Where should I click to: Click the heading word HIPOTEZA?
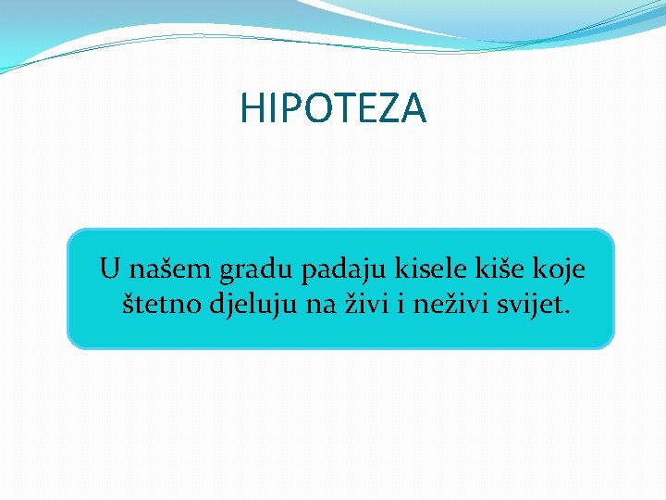333,108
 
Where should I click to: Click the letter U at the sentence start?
110,269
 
